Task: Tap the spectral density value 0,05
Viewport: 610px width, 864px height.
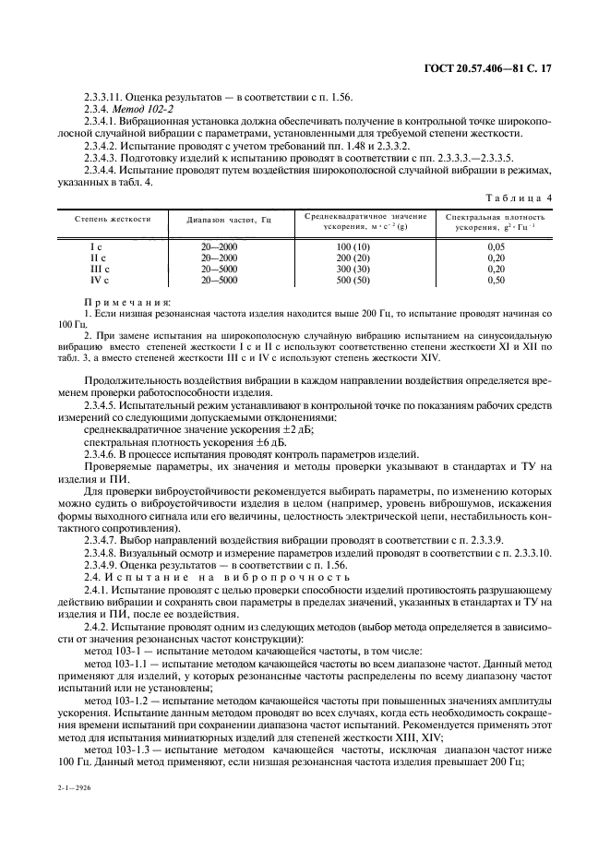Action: [495, 247]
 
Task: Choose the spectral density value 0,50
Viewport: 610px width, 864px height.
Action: [495, 279]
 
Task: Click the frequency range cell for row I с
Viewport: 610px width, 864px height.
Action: [219, 247]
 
